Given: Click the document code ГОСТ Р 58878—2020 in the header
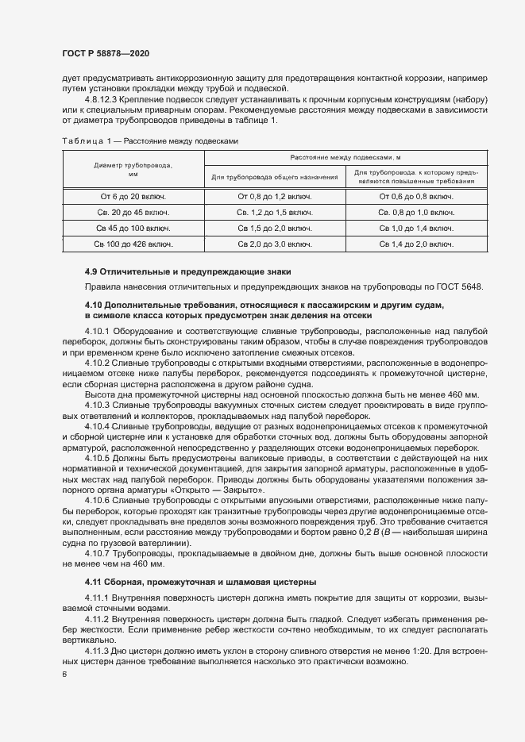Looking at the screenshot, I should [105, 52].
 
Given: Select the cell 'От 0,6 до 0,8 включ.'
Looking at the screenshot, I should [416, 196].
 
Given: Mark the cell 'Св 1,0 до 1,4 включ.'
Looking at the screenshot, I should [416, 228].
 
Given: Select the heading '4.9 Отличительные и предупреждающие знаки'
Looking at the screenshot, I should [189, 271].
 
